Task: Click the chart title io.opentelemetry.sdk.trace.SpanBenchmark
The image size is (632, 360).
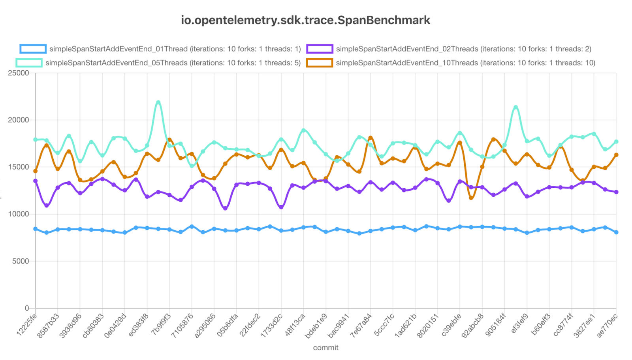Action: coord(305,20)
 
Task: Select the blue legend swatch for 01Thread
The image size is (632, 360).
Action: coord(33,49)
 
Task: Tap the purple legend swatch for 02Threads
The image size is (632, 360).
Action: coord(320,49)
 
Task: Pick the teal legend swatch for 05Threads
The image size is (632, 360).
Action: coord(29,63)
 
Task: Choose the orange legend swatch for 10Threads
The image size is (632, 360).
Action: coord(320,63)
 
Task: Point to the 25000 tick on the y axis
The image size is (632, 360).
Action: coord(19,73)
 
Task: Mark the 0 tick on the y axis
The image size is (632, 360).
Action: coord(27,308)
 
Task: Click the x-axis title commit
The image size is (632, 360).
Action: coord(325,348)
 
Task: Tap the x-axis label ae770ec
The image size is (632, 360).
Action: coord(607,325)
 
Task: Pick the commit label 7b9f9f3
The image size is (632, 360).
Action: coord(161,325)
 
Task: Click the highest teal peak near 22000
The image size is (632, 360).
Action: coord(158,102)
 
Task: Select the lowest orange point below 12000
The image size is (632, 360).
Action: coord(471,198)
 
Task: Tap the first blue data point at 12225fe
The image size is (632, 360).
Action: coord(36,229)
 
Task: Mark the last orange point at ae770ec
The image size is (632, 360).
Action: coord(616,155)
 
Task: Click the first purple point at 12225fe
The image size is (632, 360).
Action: coord(36,181)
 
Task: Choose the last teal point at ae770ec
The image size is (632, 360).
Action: coord(616,141)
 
